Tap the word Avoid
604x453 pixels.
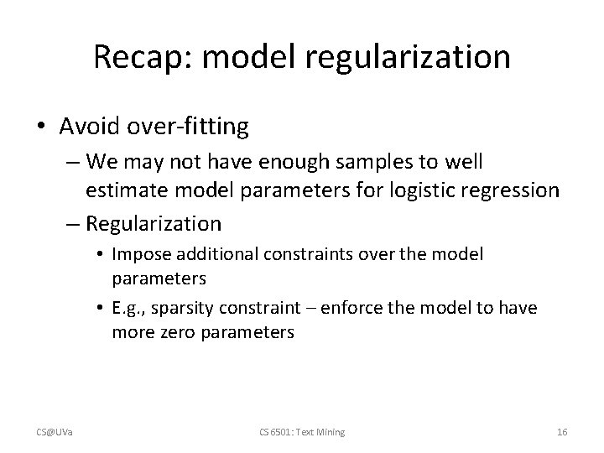click(x=91, y=127)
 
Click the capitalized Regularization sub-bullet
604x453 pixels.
click(x=154, y=224)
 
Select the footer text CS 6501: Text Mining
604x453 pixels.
click(x=302, y=431)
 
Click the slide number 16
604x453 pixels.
click(x=562, y=431)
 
